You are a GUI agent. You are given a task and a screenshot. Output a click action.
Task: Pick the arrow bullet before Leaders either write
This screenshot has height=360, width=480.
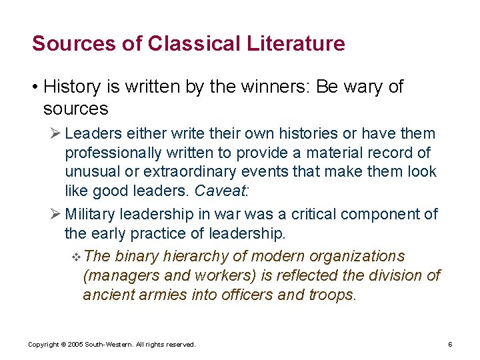(57, 134)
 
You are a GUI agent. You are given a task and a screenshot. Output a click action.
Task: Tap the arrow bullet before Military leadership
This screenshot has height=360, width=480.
(57, 215)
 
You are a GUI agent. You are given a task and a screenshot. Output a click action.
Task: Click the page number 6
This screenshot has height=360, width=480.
(450, 345)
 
